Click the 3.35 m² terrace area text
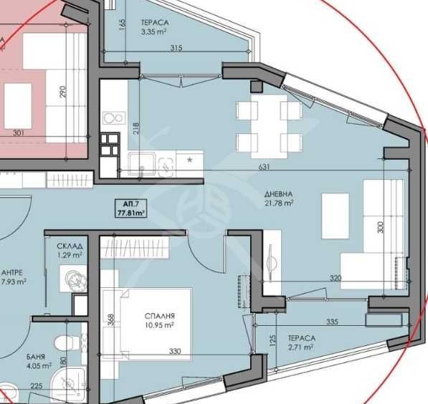[153, 32]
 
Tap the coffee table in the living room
[336, 216]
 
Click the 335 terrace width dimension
[331, 322]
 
